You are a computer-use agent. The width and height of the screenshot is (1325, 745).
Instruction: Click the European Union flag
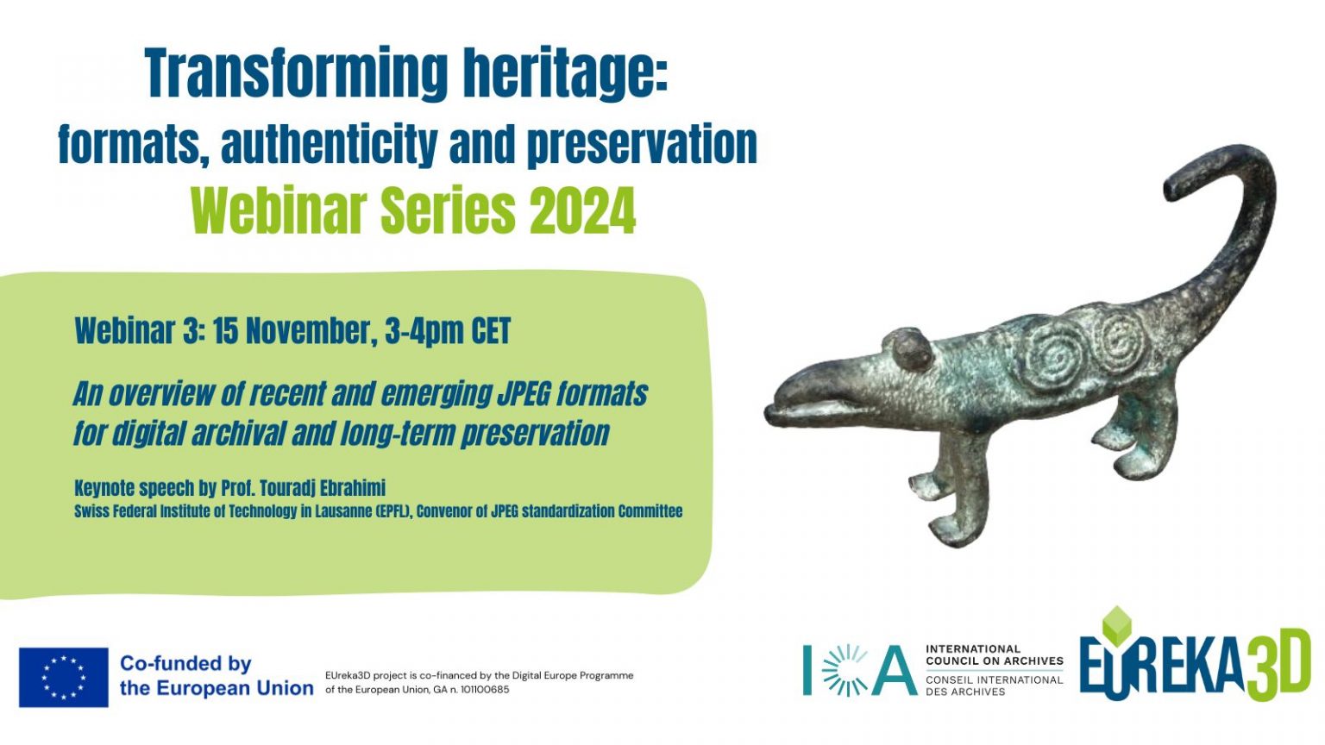click(x=63, y=678)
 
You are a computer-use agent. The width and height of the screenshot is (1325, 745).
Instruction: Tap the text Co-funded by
click(x=185, y=664)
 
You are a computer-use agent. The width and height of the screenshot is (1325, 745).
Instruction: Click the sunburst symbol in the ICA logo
click(x=845, y=671)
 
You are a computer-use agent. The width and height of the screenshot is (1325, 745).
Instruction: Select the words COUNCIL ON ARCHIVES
click(x=995, y=660)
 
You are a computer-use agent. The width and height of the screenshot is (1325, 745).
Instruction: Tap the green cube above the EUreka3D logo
click(x=1117, y=625)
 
